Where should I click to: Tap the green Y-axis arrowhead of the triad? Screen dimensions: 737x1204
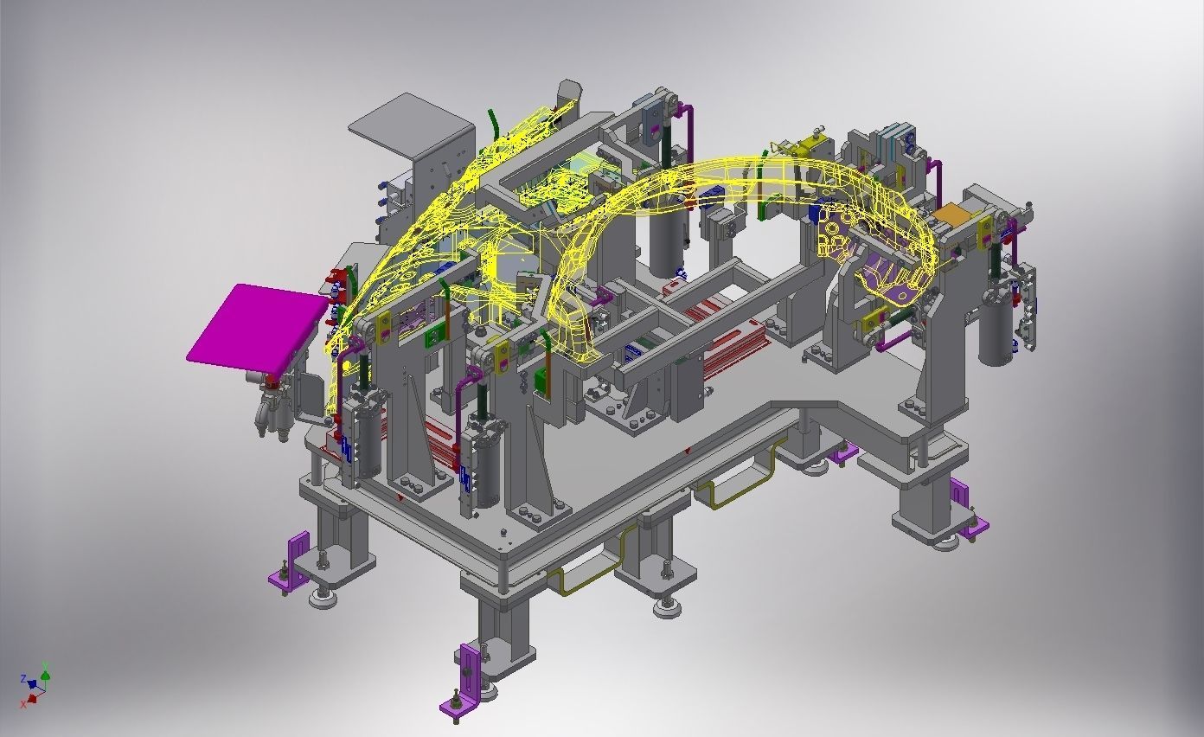click(46, 676)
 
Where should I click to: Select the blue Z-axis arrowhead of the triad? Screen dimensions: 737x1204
click(33, 684)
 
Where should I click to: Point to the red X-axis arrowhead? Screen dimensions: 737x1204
click(32, 697)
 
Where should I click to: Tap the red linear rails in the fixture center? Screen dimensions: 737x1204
click(727, 346)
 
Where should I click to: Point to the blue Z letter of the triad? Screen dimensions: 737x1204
click(23, 679)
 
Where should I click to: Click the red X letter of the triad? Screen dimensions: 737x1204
click(23, 703)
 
